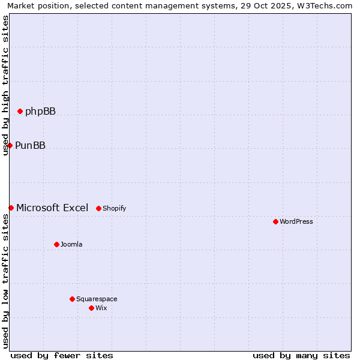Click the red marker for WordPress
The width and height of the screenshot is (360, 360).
(275, 221)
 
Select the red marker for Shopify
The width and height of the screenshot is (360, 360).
(98, 208)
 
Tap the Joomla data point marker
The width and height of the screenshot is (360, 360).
(56, 244)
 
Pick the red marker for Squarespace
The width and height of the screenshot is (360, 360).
(72, 299)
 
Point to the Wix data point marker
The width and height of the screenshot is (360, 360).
(91, 308)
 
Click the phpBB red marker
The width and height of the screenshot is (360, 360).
(20, 111)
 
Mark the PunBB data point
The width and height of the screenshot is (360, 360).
(10, 145)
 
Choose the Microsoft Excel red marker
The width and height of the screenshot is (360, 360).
(11, 208)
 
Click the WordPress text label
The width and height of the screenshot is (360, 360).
(296, 221)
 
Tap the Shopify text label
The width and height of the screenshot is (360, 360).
(114, 208)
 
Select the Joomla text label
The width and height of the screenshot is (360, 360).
(71, 244)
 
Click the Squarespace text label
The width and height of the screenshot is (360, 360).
(97, 299)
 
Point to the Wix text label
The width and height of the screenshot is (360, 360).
(101, 308)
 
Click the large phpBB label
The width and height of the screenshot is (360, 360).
(40, 111)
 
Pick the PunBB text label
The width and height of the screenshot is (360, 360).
(30, 145)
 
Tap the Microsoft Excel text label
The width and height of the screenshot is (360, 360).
(52, 208)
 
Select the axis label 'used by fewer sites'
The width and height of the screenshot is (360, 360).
(62, 355)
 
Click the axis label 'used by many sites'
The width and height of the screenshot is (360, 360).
(301, 355)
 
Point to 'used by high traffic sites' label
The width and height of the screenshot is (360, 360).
(5, 85)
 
